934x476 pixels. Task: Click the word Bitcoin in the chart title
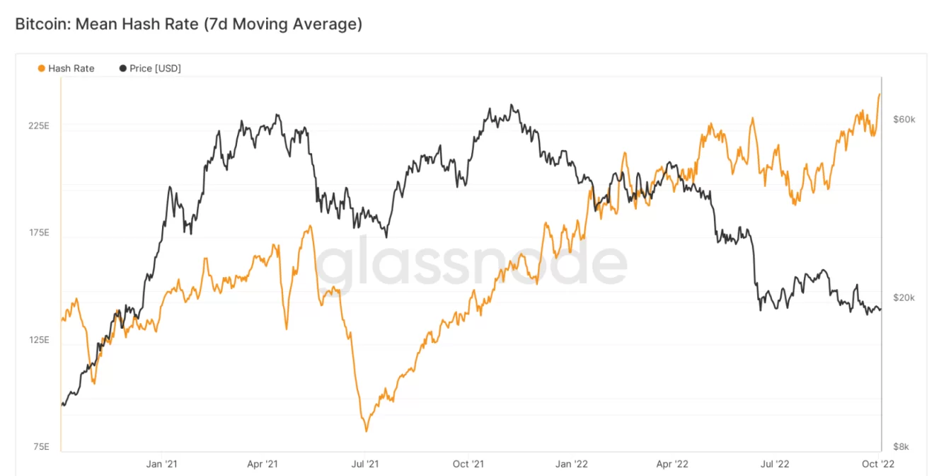[x=41, y=24]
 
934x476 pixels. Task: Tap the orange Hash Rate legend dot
[x=42, y=69]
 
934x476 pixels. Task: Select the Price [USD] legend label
[x=155, y=69]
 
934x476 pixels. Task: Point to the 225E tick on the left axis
[x=38, y=126]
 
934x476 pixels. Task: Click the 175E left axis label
[x=38, y=233]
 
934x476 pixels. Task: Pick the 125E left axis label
[x=38, y=340]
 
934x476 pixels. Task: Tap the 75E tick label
[x=40, y=447]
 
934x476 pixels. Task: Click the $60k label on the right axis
[x=904, y=120]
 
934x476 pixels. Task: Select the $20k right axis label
[x=904, y=298]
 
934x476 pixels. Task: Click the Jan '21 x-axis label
[x=162, y=465]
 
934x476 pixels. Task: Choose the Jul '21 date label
[x=364, y=465]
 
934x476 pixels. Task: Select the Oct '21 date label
[x=468, y=465]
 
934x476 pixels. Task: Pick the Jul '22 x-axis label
[x=775, y=465]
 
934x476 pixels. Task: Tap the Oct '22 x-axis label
[x=879, y=465]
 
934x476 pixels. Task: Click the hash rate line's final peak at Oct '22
[x=880, y=94]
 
